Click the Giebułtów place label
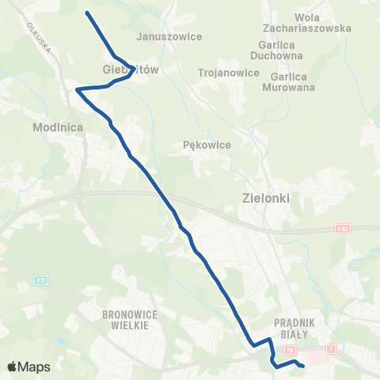coord(131,69)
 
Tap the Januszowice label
coord(169,36)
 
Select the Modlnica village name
coord(53,127)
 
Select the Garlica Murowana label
coord(293,82)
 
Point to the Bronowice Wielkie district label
coord(131,318)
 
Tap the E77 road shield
coord(41,279)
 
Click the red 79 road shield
coord(290,349)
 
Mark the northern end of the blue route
coord(86,13)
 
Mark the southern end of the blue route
coord(302,365)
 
